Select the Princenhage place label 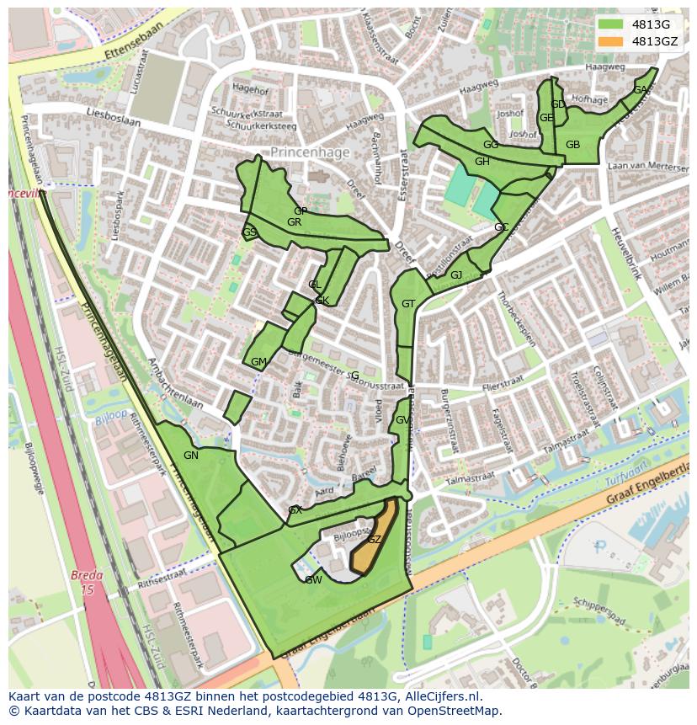[310, 152]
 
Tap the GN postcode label [191, 456]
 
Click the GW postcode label [313, 580]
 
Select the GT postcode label [408, 304]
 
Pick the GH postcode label [482, 162]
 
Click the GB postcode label [572, 145]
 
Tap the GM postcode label [258, 362]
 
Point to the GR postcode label [294, 222]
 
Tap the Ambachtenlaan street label [175, 383]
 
